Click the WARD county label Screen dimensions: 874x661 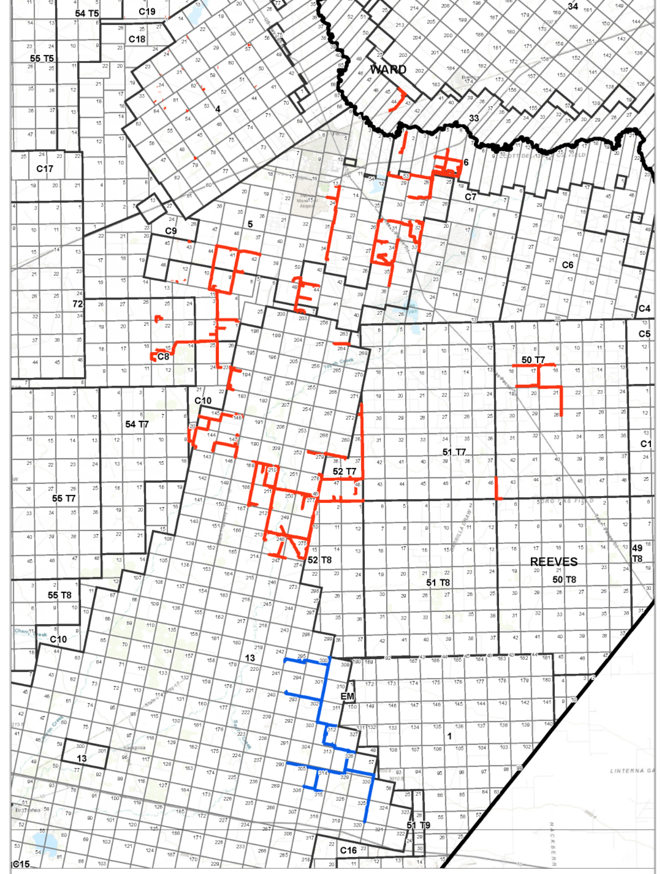(388, 70)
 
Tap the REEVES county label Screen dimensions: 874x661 (554, 562)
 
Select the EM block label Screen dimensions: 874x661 (347, 696)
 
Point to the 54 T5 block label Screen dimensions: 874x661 (87, 13)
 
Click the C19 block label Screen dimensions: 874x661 (147, 11)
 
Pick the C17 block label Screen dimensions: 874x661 (45, 169)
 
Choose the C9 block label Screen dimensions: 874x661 (170, 231)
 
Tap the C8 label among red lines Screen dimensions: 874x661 (163, 357)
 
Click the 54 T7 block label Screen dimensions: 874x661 (137, 424)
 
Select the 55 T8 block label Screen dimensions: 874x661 (59, 595)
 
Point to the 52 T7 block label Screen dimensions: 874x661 (344, 472)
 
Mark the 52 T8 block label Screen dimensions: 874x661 (320, 560)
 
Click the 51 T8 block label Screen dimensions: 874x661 (438, 582)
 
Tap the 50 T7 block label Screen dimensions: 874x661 (533, 360)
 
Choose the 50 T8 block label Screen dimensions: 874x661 (564, 580)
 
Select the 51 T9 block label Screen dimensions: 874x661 (418, 825)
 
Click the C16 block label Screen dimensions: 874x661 (348, 850)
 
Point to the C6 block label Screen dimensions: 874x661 (567, 265)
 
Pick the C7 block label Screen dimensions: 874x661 (470, 197)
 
